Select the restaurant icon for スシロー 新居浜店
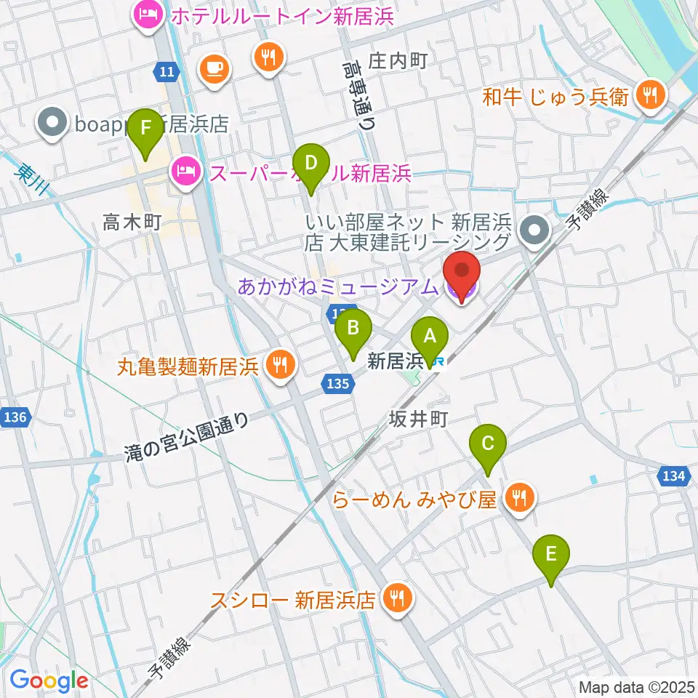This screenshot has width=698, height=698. pyautogui.click(x=396, y=599)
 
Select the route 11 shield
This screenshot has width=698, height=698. pyautogui.click(x=165, y=71)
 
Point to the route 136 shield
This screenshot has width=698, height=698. pyautogui.click(x=15, y=417)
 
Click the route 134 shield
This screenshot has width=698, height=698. pyautogui.click(x=672, y=476)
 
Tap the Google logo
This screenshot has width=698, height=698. pyautogui.click(x=49, y=681)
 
